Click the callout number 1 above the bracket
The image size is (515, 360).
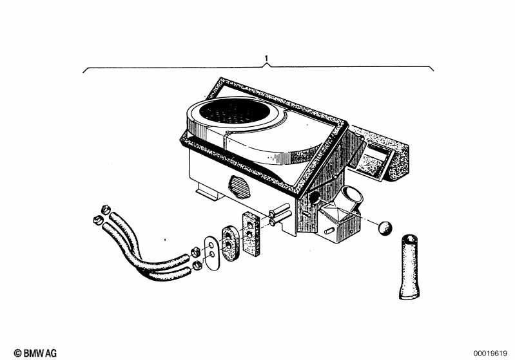[266, 59]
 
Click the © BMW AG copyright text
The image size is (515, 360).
[35, 353]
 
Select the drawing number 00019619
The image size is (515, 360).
[490, 354]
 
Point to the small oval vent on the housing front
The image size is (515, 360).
[239, 187]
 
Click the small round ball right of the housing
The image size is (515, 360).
[385, 228]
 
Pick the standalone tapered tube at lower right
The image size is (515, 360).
[409, 267]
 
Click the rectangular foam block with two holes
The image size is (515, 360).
[251, 233]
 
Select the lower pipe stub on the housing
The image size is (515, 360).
[280, 218]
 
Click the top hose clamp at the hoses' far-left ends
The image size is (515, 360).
[105, 209]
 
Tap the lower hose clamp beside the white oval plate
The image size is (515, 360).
[197, 265]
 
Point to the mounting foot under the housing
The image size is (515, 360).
[208, 193]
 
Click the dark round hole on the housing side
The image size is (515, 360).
[315, 197]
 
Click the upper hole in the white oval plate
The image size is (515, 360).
[211, 245]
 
